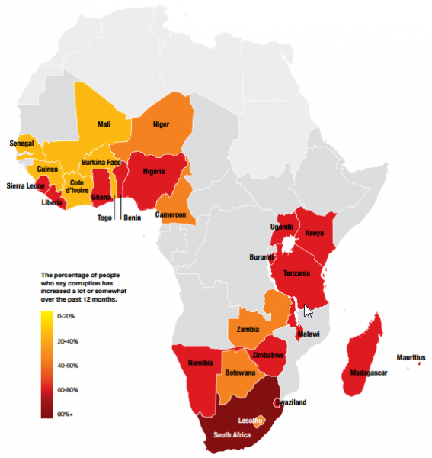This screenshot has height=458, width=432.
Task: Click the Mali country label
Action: [104, 124]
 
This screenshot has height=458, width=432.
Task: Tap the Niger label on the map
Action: [161, 124]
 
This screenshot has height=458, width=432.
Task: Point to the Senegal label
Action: [21, 143]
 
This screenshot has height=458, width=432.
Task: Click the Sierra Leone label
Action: [25, 185]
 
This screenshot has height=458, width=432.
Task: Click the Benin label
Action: [133, 218]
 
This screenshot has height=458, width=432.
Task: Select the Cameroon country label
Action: [171, 215]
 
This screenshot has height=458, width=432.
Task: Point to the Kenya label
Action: [314, 233]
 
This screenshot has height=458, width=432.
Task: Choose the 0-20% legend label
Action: [67, 315]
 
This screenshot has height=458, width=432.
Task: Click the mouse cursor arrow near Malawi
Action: [308, 310]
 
